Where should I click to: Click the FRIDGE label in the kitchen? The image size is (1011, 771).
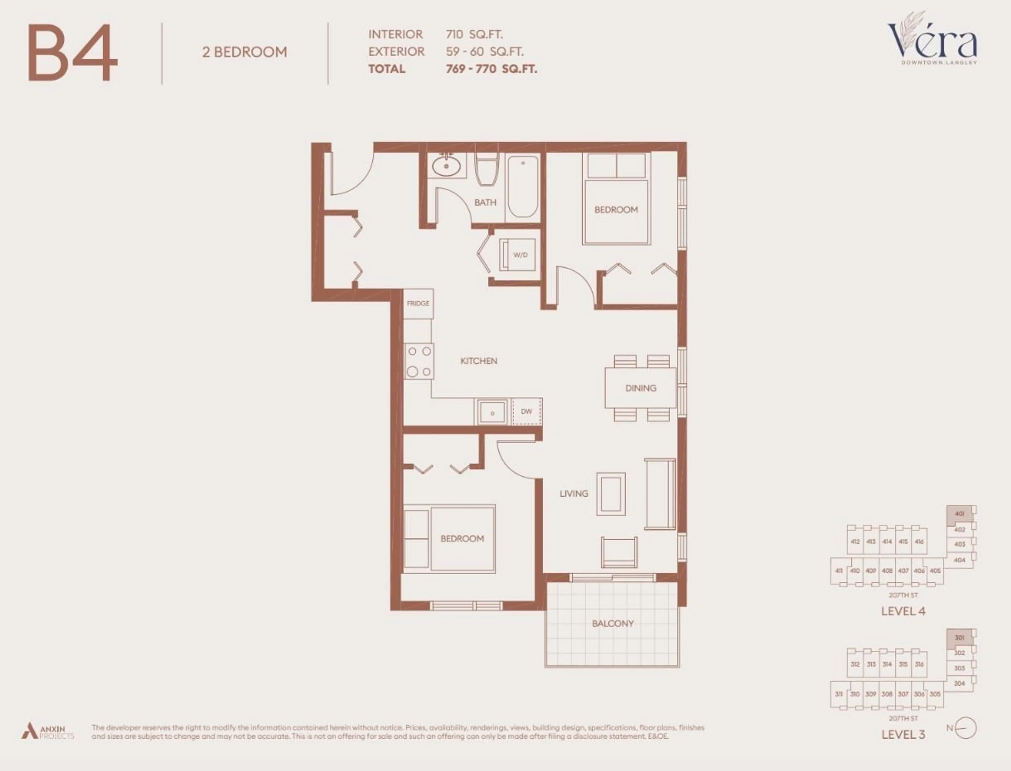point(418,303)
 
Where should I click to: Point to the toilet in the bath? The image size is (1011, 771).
point(487,170)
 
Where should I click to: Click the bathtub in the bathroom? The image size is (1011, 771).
point(523,186)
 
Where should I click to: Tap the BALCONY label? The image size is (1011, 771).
point(613,624)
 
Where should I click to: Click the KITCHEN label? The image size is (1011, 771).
point(478,361)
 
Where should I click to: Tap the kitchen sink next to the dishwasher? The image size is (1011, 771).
point(492,412)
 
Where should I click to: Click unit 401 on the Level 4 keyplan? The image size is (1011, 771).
point(960,514)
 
